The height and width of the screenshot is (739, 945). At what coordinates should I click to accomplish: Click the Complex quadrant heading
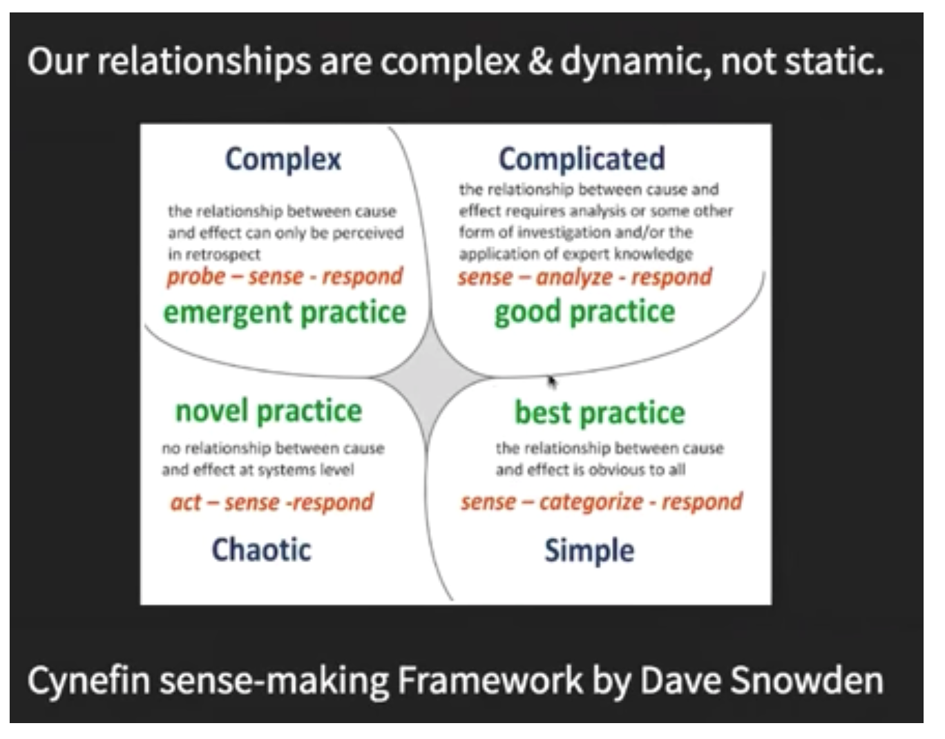pyautogui.click(x=283, y=160)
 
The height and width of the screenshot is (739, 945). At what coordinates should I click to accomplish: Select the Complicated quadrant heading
pyautogui.click(x=582, y=160)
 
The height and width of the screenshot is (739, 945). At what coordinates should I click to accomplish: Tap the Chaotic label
pyautogui.click(x=261, y=550)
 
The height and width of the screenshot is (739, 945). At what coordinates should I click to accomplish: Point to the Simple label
pyautogui.click(x=589, y=551)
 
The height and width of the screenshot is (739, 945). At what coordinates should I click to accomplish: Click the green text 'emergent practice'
pyautogui.click(x=285, y=313)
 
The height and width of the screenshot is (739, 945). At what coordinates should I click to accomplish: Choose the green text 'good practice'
pyautogui.click(x=585, y=313)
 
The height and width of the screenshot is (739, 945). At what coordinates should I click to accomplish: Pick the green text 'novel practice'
pyautogui.click(x=268, y=411)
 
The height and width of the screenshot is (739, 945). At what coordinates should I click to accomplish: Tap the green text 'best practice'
pyautogui.click(x=600, y=413)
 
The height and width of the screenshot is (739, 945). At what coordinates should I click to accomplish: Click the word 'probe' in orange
pyautogui.click(x=195, y=278)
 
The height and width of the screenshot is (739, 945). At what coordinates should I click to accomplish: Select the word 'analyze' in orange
pyautogui.click(x=574, y=278)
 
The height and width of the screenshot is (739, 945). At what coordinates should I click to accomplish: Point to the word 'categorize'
pyautogui.click(x=591, y=503)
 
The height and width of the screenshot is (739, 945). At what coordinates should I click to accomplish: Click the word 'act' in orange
pyautogui.click(x=186, y=503)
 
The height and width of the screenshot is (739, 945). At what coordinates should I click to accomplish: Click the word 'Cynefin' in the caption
pyautogui.click(x=89, y=681)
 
